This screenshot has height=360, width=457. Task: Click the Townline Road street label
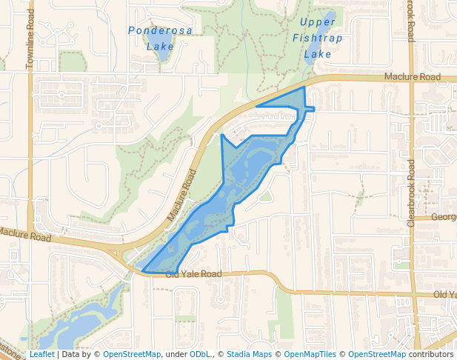click(x=30, y=44)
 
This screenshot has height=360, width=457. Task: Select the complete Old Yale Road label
click(x=193, y=274)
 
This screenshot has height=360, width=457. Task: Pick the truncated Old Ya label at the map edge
click(x=444, y=295)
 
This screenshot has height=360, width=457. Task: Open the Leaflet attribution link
click(x=41, y=355)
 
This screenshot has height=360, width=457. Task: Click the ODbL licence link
click(x=200, y=355)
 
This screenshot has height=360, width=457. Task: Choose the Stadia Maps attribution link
click(x=249, y=355)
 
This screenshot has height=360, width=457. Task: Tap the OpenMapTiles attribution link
click(x=307, y=355)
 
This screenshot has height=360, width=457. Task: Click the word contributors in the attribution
click(x=430, y=355)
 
